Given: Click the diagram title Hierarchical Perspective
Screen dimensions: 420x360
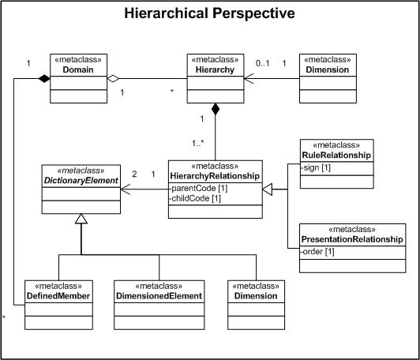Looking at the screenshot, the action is coord(209,13).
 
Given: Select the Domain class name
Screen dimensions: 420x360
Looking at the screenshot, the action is coord(78,69).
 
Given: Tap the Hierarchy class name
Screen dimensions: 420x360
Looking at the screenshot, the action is coord(215,69).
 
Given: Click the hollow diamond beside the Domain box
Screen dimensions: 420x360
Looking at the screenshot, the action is coord(113,78).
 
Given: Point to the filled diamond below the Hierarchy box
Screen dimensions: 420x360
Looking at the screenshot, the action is coord(215,109).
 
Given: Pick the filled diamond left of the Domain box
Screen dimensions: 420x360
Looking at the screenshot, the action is coord(44,78).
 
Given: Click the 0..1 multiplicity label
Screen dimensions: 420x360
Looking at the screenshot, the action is coord(262,63).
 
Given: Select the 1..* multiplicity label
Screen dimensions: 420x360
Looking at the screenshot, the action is coord(198,144).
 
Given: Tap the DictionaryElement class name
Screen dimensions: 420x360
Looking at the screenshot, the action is coord(81,181).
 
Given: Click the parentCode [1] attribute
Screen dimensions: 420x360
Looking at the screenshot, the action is coord(199,189).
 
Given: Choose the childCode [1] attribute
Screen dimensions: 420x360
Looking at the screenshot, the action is coord(195,198).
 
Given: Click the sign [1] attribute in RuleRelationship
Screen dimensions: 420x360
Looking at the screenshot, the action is coord(316,168).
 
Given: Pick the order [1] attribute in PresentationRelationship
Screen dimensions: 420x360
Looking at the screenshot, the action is coord(317,252).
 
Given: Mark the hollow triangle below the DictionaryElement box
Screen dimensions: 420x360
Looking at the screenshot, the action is coord(81,219).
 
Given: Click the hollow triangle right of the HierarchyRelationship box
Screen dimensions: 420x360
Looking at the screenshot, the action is coord(268,189).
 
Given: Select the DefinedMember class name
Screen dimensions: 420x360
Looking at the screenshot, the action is coord(58,296).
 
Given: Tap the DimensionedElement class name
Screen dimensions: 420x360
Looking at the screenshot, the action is coord(159,296).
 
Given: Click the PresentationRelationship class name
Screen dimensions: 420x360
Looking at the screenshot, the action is coord(352,239).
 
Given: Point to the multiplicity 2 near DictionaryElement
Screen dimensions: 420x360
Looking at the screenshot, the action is coord(134,174).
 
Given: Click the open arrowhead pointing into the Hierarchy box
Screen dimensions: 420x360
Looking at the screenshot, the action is coord(249,78).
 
